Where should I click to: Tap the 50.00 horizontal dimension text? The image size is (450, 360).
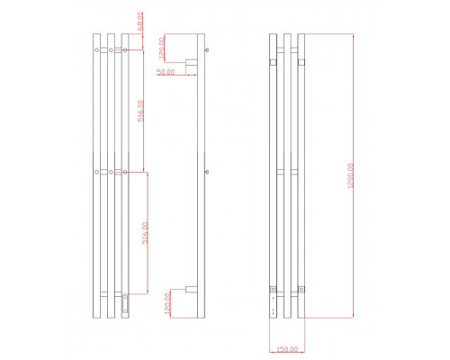tap(166, 71)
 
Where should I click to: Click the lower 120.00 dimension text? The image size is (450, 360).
tap(166, 304)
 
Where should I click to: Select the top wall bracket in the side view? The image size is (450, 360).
tap(191, 63)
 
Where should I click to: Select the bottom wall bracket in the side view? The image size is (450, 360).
tap(191, 289)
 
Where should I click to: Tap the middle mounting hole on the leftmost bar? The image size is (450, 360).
tap(96, 170)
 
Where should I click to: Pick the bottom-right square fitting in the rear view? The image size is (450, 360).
tap(302, 290)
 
